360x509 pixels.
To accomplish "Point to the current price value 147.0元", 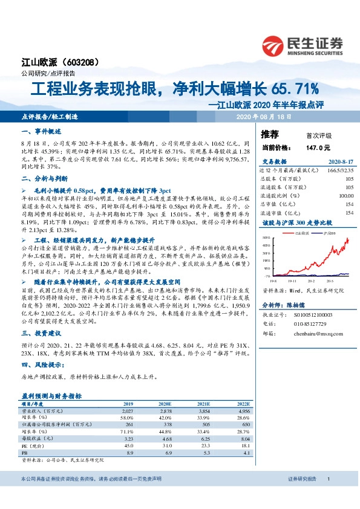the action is pos(318,147).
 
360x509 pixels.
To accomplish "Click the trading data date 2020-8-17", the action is pos(340,163).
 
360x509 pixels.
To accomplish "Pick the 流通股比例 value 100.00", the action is pos(345,196).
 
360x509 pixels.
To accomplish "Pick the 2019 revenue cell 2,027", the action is pos(128,410).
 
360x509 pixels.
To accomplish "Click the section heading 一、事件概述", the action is pos(39,131).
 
